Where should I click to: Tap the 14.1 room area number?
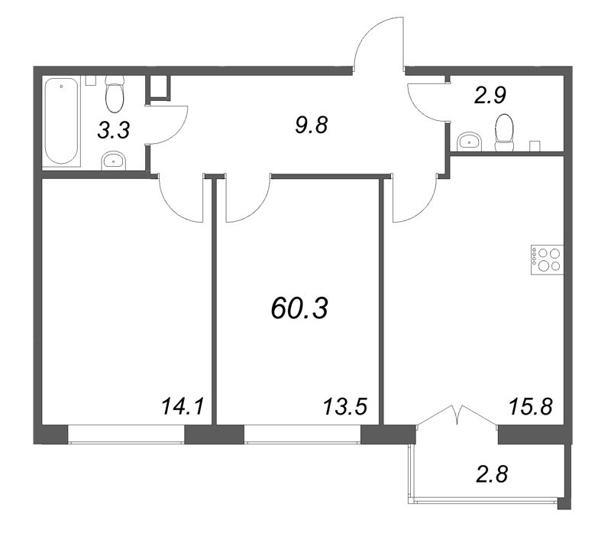pos(181,405)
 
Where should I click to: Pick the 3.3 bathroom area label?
pos(112,130)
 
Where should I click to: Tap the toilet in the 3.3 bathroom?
pos(115,93)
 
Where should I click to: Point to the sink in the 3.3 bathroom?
pos(114,159)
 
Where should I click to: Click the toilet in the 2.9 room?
pos(504,132)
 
